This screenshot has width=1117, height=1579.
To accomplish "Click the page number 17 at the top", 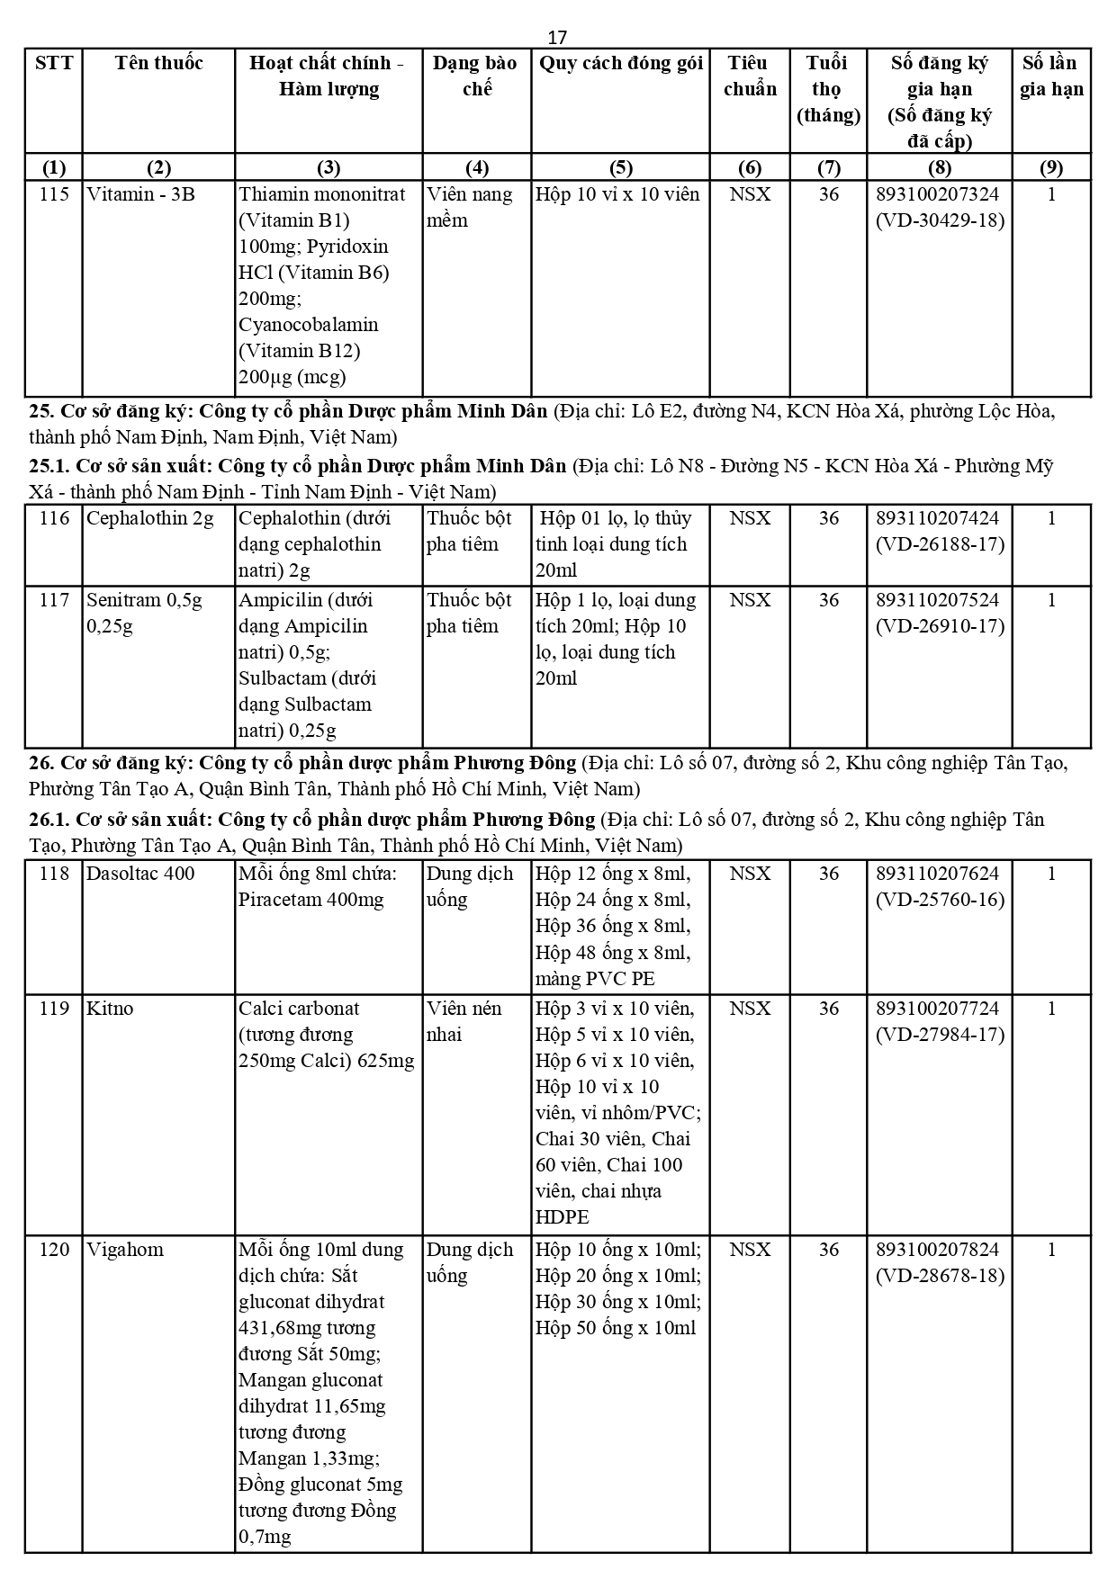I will (557, 37).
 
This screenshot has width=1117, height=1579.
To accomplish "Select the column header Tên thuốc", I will (158, 63).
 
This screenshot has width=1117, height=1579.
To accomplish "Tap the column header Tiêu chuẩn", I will (749, 76).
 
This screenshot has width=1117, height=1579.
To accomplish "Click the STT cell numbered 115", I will (54, 194).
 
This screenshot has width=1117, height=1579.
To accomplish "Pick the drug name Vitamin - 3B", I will (140, 194).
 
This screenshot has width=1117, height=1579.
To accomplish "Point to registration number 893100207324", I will (938, 194).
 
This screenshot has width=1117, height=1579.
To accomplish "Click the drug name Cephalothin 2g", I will (150, 518).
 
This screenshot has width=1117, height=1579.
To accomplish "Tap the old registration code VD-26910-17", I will (940, 626).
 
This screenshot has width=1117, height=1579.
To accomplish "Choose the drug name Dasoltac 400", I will (140, 874).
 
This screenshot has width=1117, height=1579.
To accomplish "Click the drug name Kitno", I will (110, 1009).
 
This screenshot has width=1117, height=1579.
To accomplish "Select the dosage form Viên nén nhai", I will (464, 1021).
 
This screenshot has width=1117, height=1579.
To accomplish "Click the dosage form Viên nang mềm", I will (469, 207).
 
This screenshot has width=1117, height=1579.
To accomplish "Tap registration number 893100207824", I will (938, 1250).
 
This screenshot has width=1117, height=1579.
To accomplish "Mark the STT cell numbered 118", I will (54, 874).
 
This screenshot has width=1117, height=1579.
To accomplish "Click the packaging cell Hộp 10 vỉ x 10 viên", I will (617, 194).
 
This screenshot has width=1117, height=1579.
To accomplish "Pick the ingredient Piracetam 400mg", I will (311, 900).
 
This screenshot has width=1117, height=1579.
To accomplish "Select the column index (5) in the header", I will (620, 167).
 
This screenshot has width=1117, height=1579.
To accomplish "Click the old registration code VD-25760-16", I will (940, 900).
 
